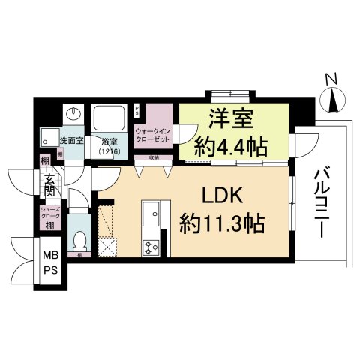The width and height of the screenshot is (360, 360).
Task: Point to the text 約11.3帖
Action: pyautogui.click(x=223, y=223)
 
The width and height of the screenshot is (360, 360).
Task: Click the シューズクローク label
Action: pyautogui.click(x=50, y=211)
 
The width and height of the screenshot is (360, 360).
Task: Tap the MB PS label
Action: pyautogui.click(x=49, y=264)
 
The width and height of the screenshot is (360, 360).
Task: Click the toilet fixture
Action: pyautogui.click(x=80, y=241)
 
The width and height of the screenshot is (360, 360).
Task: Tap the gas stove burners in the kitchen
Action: pyautogui.click(x=150, y=245)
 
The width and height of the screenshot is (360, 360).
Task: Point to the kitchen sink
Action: pyautogui.click(x=150, y=214)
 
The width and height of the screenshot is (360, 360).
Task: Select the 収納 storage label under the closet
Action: pyautogui.click(x=154, y=157)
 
